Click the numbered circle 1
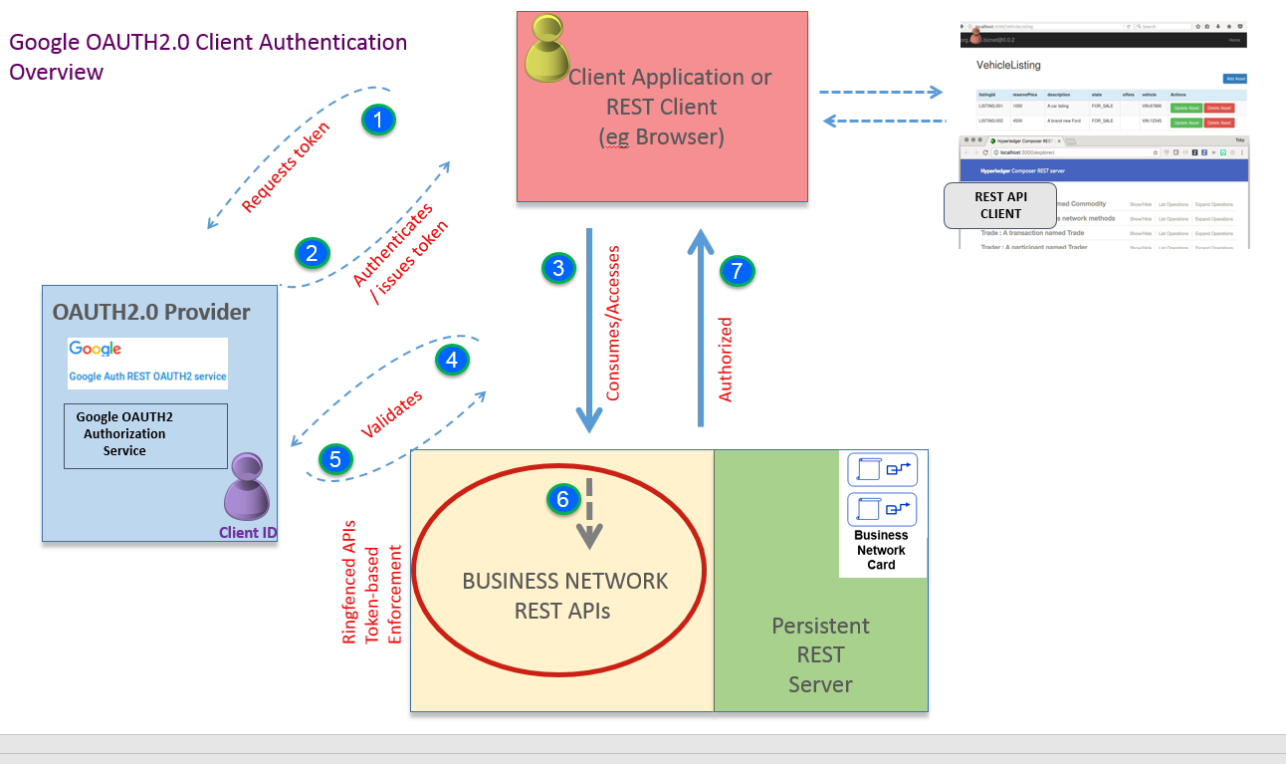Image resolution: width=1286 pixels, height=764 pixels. (x=377, y=121)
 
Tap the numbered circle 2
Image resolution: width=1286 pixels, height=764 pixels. (x=312, y=253)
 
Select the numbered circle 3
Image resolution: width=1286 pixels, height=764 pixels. (x=558, y=268)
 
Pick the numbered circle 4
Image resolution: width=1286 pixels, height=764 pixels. (x=452, y=360)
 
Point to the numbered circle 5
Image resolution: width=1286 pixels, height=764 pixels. (x=335, y=459)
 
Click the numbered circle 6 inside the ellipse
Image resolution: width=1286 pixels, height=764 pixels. (x=562, y=500)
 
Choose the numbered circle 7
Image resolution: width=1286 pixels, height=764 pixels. (x=737, y=271)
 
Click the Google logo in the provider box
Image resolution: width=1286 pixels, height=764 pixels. (x=96, y=349)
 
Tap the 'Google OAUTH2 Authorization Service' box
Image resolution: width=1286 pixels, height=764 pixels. (x=145, y=435)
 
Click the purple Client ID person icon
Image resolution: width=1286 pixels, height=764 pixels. (x=246, y=489)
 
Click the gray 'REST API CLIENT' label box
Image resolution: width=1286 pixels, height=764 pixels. (x=1000, y=205)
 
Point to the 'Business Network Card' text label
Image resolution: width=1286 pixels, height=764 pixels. (x=881, y=550)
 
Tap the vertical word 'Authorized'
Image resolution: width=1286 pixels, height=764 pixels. (x=726, y=360)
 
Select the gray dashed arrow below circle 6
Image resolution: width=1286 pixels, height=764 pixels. (x=589, y=514)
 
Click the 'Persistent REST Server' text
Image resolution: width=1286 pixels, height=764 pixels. (x=820, y=654)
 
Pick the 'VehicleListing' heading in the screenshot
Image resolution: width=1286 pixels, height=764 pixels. (x=1008, y=65)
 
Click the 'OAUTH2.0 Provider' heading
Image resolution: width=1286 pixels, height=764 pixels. (x=151, y=313)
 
